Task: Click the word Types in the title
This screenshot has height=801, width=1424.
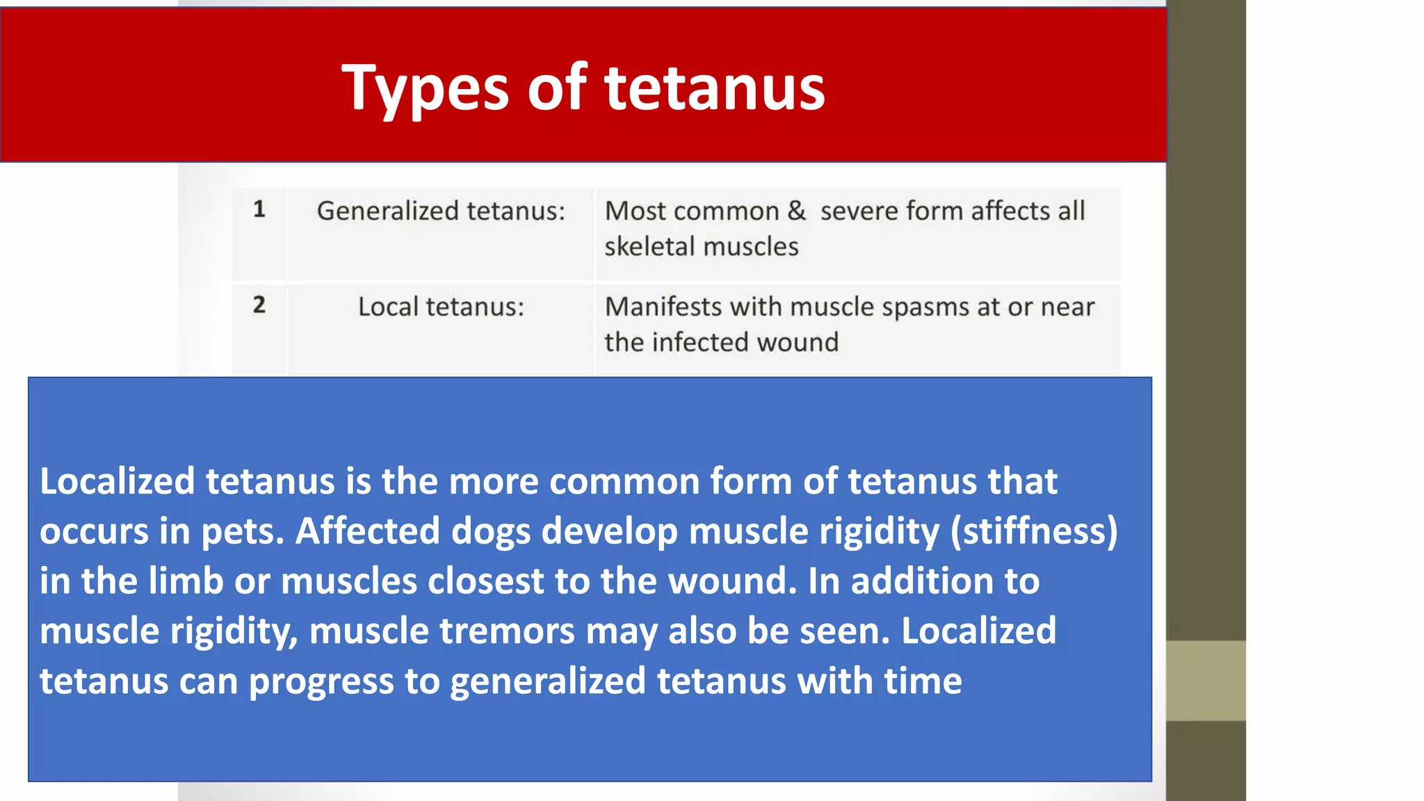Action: click(426, 89)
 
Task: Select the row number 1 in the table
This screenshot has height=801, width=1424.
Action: click(259, 209)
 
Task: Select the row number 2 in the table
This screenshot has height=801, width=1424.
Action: click(259, 305)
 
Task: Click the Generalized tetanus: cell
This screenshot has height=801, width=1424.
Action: click(441, 211)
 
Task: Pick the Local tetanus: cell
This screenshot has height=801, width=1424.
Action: click(441, 307)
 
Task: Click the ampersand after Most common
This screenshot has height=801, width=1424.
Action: click(797, 211)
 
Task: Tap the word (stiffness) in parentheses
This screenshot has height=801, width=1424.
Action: click(1034, 532)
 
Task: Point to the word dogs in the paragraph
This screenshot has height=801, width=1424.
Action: click(491, 532)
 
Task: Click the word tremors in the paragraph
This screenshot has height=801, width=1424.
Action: click(507, 631)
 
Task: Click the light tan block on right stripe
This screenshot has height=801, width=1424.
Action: click(1206, 681)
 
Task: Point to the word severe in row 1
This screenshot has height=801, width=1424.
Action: click(859, 211)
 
